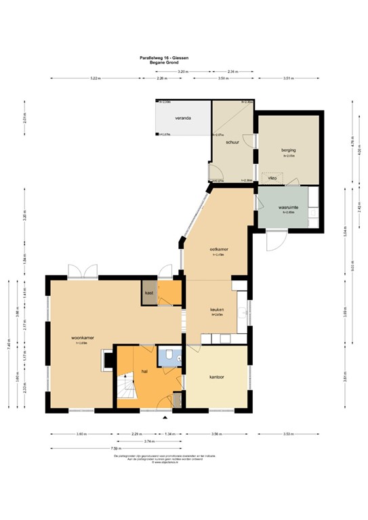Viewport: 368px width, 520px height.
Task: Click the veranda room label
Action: click(x=182, y=118)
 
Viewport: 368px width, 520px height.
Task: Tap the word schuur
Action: click(x=232, y=143)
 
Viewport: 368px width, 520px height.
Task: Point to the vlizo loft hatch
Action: click(x=272, y=177)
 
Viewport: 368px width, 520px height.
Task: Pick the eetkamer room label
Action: click(x=218, y=250)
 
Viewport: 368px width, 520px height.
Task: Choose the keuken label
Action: click(x=217, y=310)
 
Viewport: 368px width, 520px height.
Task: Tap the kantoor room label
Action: click(x=217, y=377)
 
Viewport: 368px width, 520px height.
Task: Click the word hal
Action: click(x=144, y=372)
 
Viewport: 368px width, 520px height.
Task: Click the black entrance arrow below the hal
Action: click(x=165, y=418)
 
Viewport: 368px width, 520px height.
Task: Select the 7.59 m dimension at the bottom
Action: click(x=115, y=448)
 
